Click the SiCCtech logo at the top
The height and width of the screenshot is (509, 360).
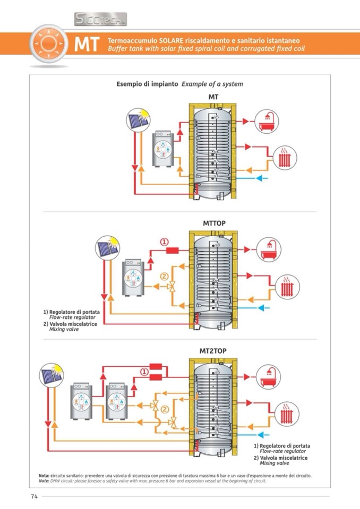click(100, 20)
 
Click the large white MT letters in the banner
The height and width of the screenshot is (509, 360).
click(87, 45)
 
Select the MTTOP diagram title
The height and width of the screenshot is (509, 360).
click(214, 223)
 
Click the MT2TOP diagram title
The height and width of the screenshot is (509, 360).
click(213, 351)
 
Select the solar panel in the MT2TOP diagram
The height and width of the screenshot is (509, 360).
click(52, 378)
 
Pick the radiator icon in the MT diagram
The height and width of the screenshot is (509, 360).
click(285, 158)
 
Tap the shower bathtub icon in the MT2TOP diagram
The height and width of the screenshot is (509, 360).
click(268, 377)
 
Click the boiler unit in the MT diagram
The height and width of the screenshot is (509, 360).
click(162, 149)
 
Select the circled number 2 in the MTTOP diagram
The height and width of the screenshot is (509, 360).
click(164, 277)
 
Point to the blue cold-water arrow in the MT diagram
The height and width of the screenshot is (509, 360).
click(262, 178)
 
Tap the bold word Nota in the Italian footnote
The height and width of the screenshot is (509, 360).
click(44, 476)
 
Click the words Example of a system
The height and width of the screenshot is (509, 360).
click(212, 84)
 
